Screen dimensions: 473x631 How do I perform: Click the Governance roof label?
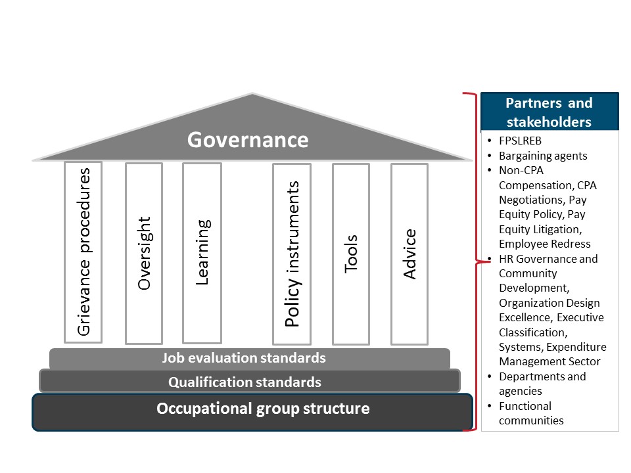pos(248,140)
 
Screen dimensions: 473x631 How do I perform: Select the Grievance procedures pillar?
pos(83,252)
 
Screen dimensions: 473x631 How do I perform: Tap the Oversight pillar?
pos(144,253)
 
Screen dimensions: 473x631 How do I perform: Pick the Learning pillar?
pos(202,253)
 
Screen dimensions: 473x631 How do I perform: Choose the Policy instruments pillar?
pos(292,254)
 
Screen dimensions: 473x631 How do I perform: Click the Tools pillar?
pos(351,254)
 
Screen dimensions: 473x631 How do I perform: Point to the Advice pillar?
pos(409,254)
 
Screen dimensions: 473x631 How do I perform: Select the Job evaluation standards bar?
pos(250,358)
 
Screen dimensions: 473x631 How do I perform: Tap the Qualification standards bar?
pos(250,382)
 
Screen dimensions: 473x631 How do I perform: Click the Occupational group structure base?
pos(252,409)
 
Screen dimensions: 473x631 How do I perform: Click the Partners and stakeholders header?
pos(549,112)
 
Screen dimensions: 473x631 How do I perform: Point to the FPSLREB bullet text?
pos(520,141)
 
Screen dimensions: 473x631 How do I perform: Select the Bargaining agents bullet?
pos(543,156)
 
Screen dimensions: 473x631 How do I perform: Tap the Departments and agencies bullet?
pos(542,384)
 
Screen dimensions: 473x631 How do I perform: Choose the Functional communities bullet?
pos(531,413)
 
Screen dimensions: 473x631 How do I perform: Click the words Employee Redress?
pos(536,244)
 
